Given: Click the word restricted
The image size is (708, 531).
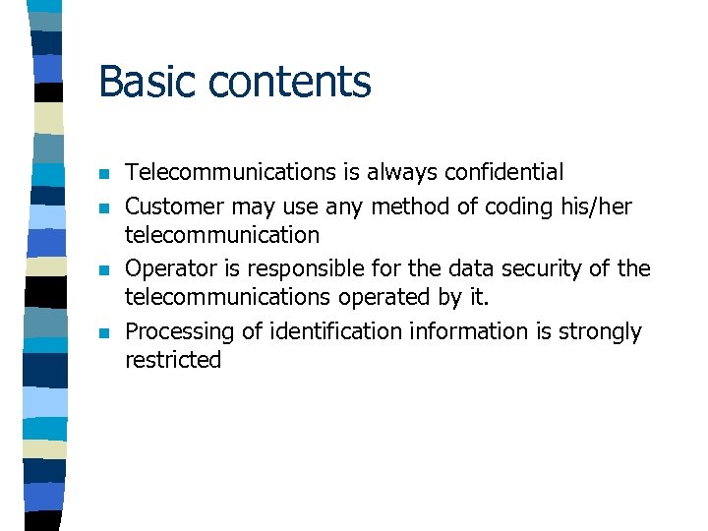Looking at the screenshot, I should click(173, 360).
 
